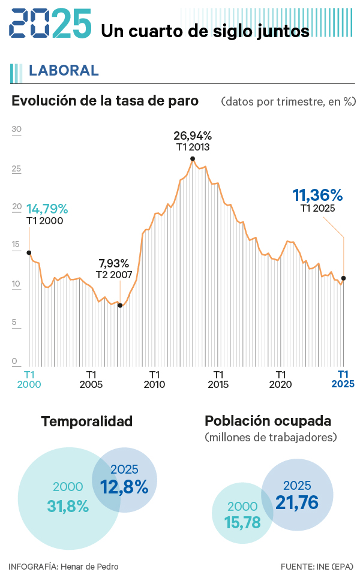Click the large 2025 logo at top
point(51,25)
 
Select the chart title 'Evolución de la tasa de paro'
point(105,101)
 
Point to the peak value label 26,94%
point(193,136)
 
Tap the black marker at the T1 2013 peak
point(193,159)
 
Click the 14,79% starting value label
point(47,209)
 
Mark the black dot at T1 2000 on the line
point(29,252)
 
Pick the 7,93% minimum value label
point(113,263)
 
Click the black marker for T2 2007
point(120,305)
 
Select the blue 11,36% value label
point(317,195)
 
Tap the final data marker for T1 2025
point(343,278)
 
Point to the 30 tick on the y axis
point(16,129)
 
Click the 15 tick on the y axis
point(16,245)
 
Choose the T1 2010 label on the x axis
point(154,379)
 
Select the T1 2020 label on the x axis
point(280,379)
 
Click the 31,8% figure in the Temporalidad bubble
point(68,506)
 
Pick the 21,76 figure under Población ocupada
point(297,502)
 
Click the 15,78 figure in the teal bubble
point(243,522)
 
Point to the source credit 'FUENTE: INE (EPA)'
point(317,566)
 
